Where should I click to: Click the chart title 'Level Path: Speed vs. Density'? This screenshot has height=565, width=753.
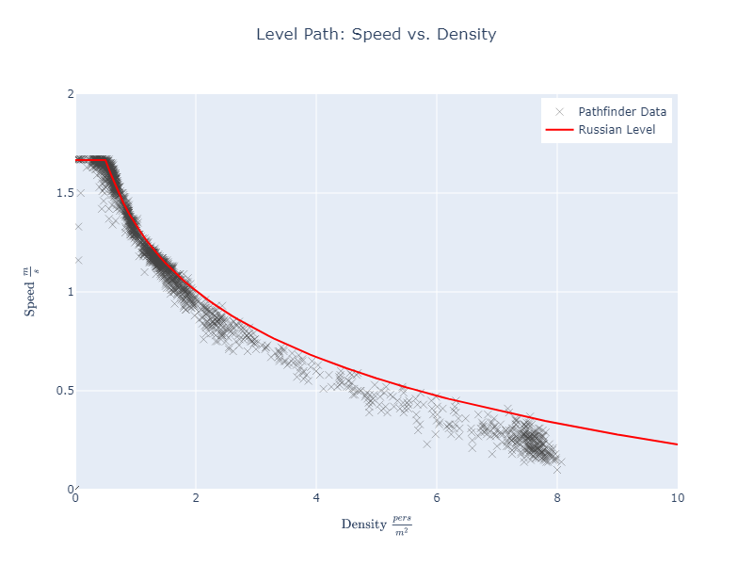376,35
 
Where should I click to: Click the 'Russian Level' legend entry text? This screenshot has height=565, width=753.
617,130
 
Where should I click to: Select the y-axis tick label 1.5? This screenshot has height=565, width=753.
64,193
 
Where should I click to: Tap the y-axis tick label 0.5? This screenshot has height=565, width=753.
64,391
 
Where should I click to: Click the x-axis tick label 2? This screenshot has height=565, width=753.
196,498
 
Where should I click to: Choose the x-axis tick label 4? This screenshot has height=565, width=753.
316,498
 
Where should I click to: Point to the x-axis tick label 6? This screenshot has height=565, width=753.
437,498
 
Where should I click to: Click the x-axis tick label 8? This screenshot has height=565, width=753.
557,498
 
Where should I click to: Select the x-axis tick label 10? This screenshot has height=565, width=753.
677,498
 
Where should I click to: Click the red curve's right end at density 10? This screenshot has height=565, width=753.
677,444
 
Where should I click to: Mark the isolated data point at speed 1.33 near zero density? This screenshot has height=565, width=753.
78,226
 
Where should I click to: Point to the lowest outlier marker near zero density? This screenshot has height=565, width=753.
78,260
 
